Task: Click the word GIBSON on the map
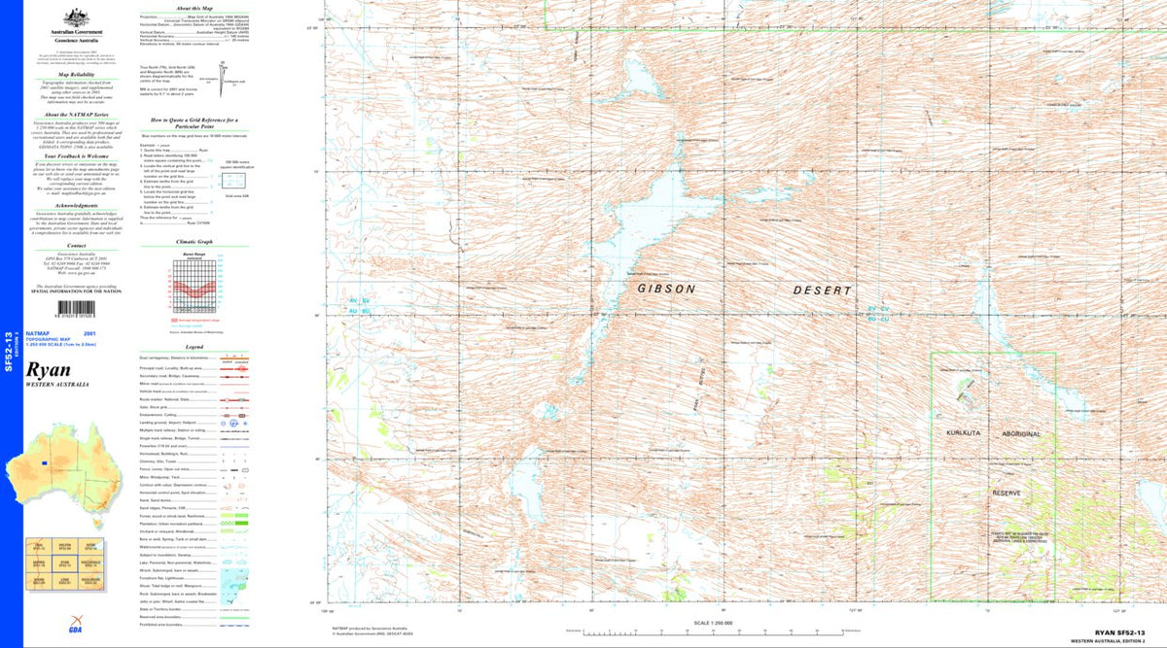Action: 666,290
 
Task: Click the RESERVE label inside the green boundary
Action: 1007,494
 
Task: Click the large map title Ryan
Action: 49,371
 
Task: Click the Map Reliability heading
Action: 76,74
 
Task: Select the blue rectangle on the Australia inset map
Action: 44,464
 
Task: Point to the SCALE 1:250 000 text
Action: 714,623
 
